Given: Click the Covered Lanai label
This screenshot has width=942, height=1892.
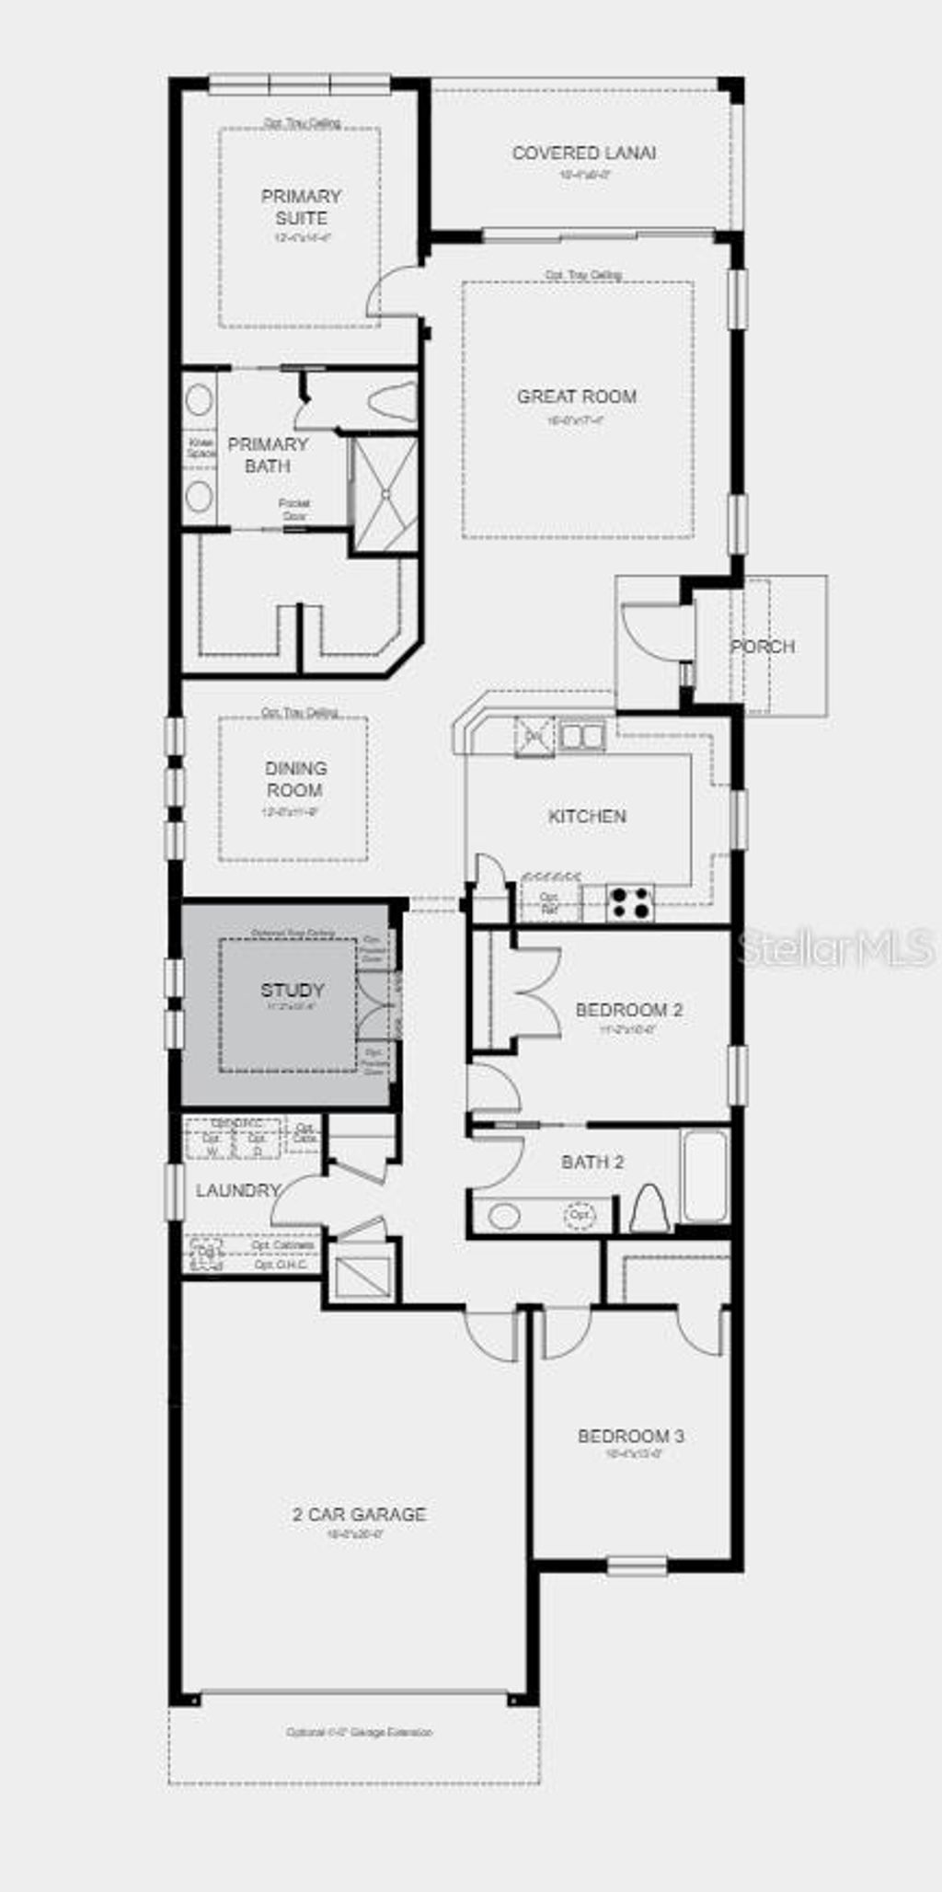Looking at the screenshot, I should tap(583, 154).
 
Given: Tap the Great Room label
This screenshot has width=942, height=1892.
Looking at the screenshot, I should tap(577, 396).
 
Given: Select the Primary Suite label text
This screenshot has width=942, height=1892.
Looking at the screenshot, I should tap(301, 207).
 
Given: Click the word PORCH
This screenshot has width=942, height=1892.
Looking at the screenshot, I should tap(763, 647).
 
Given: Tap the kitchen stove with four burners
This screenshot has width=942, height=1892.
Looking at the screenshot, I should tap(630, 901).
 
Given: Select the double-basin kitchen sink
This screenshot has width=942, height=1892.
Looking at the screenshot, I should tap(580, 736).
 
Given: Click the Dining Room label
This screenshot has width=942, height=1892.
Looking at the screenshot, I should tap(294, 779).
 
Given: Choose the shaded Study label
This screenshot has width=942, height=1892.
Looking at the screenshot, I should tap(292, 991).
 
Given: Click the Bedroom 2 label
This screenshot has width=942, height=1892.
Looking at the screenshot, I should tap(629, 1010).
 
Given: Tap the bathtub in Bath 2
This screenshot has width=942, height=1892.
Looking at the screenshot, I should tap(706, 1176).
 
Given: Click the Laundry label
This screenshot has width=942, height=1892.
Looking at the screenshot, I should tap(237, 1190).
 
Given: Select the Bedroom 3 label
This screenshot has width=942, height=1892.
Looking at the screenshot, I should tap(631, 1436).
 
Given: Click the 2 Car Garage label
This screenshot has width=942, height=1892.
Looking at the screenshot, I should tap(359, 1514).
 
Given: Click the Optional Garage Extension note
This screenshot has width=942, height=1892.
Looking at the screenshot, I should tap(359, 1732).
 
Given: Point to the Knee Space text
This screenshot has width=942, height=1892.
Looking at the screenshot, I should tap(201, 448).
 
